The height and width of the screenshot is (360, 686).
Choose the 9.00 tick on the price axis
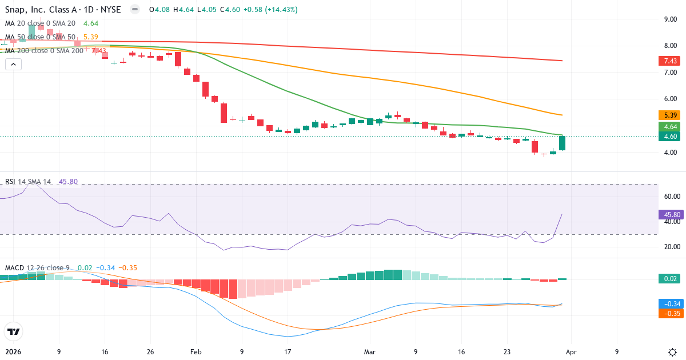671,19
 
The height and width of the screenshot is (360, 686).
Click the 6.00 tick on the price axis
671,99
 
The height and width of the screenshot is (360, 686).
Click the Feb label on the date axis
196,352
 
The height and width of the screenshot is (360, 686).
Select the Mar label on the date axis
370,352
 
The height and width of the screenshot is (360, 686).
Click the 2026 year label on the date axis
13,352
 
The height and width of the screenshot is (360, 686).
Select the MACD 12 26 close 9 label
37,267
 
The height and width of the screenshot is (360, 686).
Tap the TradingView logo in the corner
13,331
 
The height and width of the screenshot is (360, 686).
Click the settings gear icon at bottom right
672,352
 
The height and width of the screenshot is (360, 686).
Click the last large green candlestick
563,143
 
